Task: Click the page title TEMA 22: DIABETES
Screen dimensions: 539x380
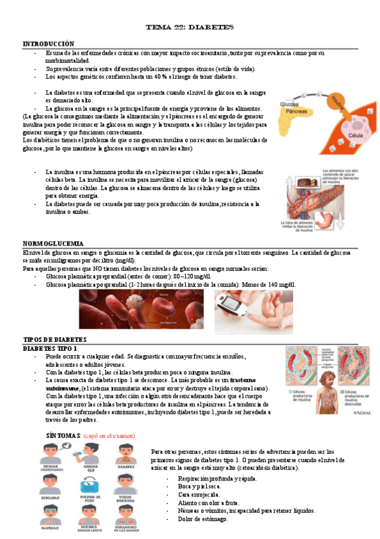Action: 190,28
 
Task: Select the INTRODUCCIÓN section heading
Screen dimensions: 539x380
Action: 49,43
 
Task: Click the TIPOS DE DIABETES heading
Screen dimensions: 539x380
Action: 55,340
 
